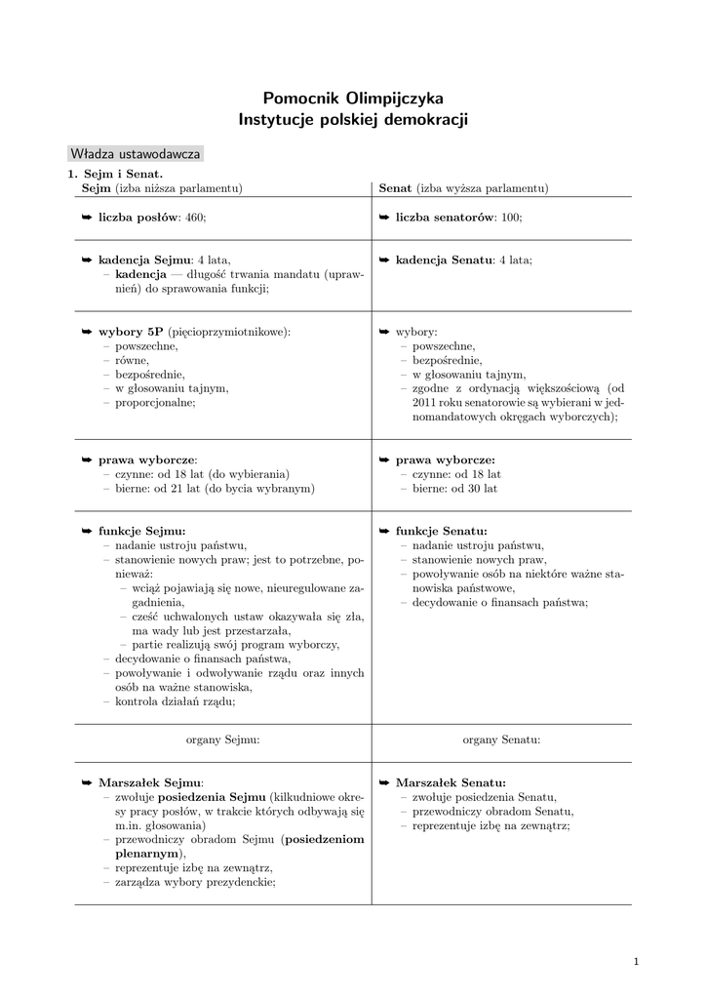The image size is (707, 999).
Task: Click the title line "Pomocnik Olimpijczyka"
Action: (x=353, y=99)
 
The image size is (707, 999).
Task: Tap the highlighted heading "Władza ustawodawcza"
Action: (x=136, y=154)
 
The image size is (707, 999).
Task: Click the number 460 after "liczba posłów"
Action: (x=194, y=217)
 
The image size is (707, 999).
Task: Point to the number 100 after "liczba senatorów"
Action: (x=511, y=217)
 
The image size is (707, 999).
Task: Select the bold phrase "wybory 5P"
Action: (x=131, y=332)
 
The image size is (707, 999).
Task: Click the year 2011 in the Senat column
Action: (x=424, y=402)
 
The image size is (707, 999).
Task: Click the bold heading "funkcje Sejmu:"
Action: (x=141, y=531)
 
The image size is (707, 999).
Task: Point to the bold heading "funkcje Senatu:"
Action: (x=441, y=531)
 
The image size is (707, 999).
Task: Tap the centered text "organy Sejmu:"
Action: (x=222, y=740)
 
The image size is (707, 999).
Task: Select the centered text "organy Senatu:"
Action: (x=501, y=740)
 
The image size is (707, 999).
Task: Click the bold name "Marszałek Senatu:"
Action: (x=451, y=782)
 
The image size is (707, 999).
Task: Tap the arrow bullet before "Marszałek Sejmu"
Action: (x=87, y=782)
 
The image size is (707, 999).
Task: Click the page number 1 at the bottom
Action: (x=636, y=963)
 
